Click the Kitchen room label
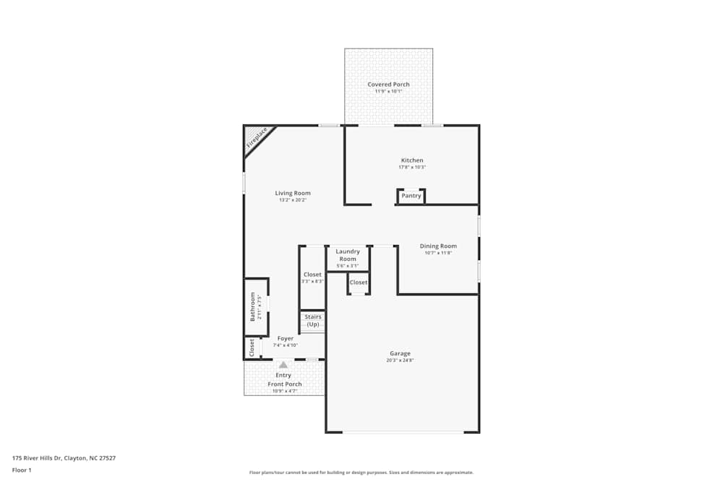[x=412, y=160]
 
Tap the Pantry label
[x=411, y=196]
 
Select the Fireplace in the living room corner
[x=256, y=138]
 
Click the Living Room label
[x=293, y=193]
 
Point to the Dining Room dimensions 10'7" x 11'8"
[x=438, y=253]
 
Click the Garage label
[x=401, y=353]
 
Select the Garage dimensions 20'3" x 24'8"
[x=401, y=360]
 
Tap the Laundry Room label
[x=348, y=255]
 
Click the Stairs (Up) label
[x=313, y=321]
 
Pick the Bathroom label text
[x=253, y=306]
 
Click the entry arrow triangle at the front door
[x=283, y=365]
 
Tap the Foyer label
[x=286, y=338]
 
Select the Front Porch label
[x=285, y=384]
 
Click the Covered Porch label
[x=388, y=85]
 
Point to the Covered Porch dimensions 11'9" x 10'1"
[x=388, y=92]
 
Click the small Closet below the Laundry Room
[x=359, y=283]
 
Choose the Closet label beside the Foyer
[x=252, y=348]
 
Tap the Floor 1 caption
[x=22, y=470]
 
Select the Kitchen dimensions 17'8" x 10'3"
[x=412, y=167]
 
